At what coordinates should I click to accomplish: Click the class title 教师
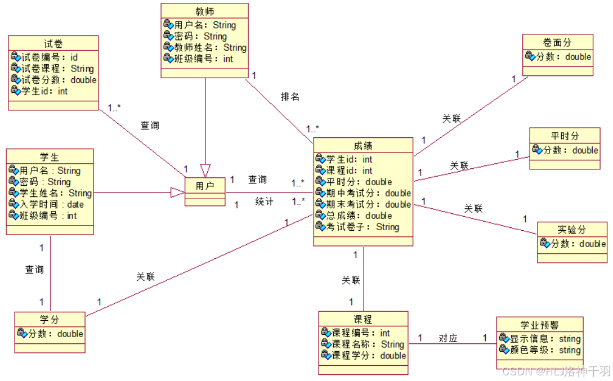click(x=204, y=11)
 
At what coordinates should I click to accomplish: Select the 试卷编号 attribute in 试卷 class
click(x=44, y=57)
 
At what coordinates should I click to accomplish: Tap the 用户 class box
click(x=205, y=186)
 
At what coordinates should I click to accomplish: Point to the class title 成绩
click(x=363, y=146)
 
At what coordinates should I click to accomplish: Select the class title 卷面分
click(x=557, y=43)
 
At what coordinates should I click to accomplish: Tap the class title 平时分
click(x=565, y=136)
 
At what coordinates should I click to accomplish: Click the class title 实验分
click(x=572, y=230)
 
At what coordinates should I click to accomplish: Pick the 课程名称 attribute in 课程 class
click(x=362, y=344)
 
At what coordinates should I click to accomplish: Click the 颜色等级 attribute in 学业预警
click(x=539, y=350)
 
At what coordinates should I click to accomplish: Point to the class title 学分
click(x=50, y=320)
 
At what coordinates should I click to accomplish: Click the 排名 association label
click(x=290, y=97)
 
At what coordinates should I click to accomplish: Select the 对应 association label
click(x=448, y=338)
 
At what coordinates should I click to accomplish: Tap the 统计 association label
click(x=264, y=201)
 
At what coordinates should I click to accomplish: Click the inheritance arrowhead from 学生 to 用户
click(x=178, y=193)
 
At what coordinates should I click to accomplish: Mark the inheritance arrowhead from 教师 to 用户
click(x=205, y=169)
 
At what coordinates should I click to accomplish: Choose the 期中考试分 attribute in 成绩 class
click(x=363, y=193)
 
